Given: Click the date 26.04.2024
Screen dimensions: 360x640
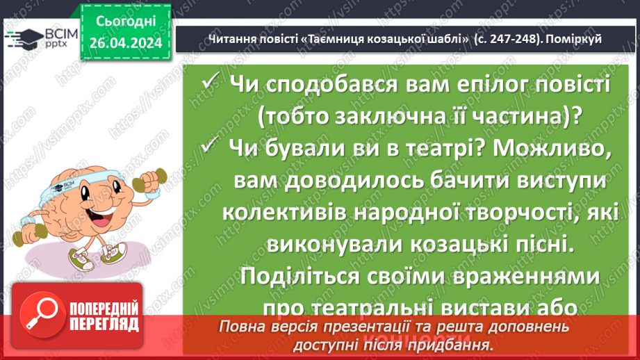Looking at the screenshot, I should (126, 43).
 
